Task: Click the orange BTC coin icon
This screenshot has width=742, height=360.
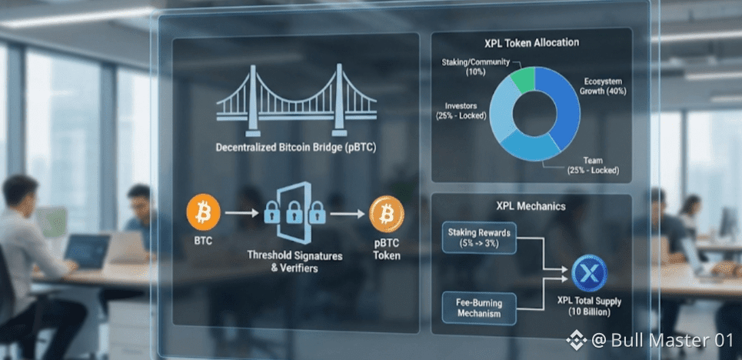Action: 204,212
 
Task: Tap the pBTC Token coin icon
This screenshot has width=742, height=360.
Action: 387,214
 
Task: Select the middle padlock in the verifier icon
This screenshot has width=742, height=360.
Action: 294,212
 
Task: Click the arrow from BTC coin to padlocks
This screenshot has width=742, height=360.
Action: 241,213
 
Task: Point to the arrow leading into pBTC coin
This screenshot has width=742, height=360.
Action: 348,214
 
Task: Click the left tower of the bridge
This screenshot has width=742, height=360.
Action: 253,100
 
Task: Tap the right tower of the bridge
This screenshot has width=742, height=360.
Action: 339,100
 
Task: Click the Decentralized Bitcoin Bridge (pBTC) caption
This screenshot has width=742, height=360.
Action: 296,148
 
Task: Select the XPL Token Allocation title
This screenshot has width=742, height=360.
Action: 531,42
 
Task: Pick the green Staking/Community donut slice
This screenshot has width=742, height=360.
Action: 524,79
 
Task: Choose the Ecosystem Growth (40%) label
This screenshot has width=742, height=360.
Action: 602,86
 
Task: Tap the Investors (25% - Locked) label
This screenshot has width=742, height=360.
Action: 461,110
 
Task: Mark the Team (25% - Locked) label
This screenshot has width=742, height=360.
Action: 593,165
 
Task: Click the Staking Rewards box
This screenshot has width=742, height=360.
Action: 479,238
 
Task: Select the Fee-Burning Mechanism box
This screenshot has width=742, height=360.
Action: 479,308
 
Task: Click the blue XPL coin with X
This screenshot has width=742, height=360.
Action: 589,273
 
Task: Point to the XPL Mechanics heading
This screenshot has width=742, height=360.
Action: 531,206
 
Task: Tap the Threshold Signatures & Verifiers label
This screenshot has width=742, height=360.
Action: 294,262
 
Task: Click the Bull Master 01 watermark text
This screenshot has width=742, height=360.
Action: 672,340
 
